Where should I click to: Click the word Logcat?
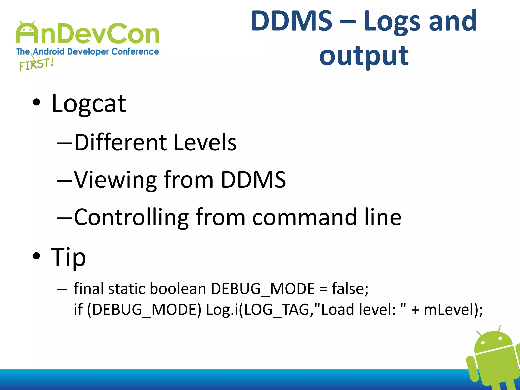[x=89, y=104]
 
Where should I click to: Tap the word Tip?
[x=68, y=257]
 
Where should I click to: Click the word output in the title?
[x=364, y=56]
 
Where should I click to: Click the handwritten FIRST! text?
[x=36, y=64]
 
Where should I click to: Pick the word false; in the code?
[x=350, y=289]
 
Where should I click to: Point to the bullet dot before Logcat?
[x=36, y=102]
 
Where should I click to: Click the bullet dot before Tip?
[x=36, y=256]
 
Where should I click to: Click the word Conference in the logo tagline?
[x=135, y=52]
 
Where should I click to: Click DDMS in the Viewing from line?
[x=253, y=180]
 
